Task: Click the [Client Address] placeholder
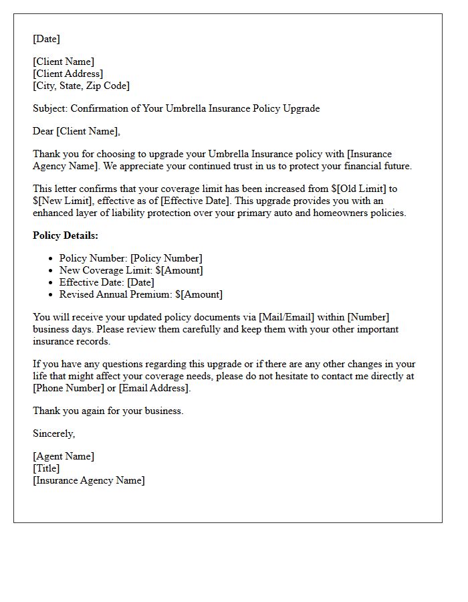coord(68,74)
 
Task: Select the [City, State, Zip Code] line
coord(81,86)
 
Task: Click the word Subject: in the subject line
coord(50,108)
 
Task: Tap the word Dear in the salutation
coord(43,131)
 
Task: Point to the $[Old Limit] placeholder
coord(359,189)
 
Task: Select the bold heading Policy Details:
coord(66,235)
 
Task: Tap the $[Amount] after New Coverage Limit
coord(179,270)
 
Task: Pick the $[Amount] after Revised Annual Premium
coord(199,294)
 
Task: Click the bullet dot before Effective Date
coord(51,283)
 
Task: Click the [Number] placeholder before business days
coord(368,318)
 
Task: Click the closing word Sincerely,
coord(53,433)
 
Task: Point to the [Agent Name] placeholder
coord(64,456)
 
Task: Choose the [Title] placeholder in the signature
coord(46,468)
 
